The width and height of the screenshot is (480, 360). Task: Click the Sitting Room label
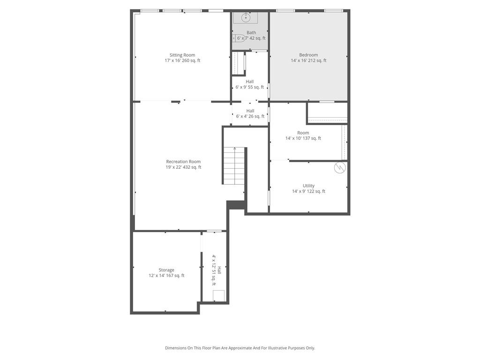(182, 55)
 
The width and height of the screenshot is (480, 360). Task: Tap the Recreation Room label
(183, 162)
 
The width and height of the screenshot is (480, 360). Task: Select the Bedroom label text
(308, 55)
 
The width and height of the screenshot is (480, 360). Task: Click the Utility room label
(308, 186)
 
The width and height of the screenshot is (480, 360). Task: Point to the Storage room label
(166, 270)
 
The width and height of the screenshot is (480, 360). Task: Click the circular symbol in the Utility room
(340, 167)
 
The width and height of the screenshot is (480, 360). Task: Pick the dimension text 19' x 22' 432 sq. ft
(183, 167)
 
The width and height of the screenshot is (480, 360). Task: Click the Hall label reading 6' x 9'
(250, 82)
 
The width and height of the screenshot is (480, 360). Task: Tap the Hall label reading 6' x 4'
(250, 111)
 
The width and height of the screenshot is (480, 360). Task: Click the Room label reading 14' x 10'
(303, 133)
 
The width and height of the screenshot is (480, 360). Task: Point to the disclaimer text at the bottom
(240, 348)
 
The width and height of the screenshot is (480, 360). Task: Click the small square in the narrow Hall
(218, 295)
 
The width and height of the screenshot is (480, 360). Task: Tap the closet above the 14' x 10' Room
(327, 113)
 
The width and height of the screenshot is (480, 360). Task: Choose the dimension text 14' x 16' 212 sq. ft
(308, 60)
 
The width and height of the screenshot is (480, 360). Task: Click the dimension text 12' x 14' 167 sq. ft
(166, 276)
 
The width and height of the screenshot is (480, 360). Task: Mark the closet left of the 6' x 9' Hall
(239, 63)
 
